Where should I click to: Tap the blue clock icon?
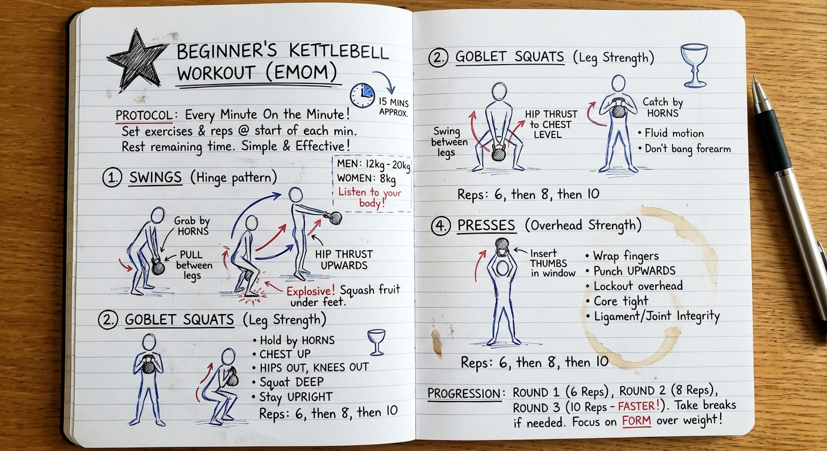tap(362, 95)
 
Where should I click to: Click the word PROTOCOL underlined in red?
tap(144, 115)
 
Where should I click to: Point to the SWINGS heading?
tap(156, 177)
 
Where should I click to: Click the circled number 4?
tap(441, 225)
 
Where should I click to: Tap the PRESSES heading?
tap(486, 225)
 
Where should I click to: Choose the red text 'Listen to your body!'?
tap(370, 197)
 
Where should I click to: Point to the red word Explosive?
tap(311, 291)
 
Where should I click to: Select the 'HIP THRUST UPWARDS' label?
tap(344, 260)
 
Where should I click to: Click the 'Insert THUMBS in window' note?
tap(553, 263)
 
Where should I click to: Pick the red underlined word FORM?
tap(636, 421)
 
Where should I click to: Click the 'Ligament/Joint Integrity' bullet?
tap(653, 317)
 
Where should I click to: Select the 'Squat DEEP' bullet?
tap(288, 382)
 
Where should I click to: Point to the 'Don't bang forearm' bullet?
tap(684, 149)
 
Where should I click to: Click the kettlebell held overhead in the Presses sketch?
tap(502, 246)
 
